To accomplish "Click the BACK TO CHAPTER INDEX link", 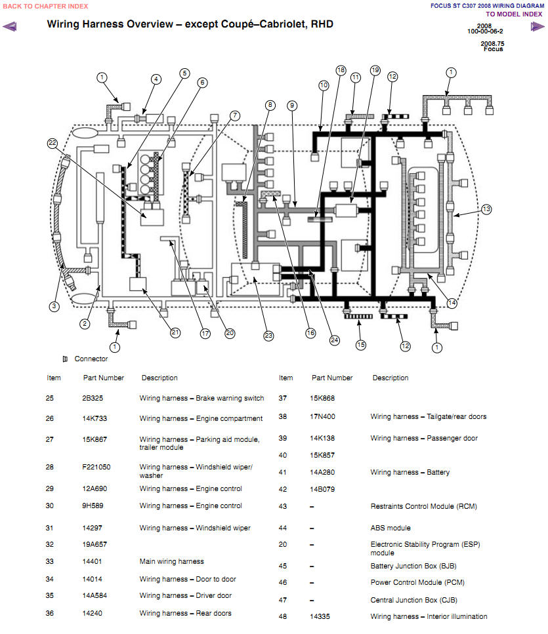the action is [x=45, y=6].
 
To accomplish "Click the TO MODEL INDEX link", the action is [x=514, y=14].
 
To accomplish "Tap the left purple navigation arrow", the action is [x=9, y=27].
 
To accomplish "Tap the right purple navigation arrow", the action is [x=537, y=27].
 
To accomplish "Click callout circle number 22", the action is [x=53, y=143].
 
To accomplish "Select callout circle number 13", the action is [x=486, y=209].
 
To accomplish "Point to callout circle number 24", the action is [x=334, y=340].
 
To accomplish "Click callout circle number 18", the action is [x=341, y=70].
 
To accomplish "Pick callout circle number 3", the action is [x=54, y=306].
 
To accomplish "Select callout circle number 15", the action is [x=360, y=344].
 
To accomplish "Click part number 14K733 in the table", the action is [x=95, y=418].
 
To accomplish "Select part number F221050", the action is [x=96, y=467].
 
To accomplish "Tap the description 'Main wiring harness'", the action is [x=171, y=562].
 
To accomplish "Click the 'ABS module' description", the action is [x=390, y=528].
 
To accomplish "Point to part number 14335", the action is [x=320, y=616].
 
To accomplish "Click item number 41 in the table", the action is [x=282, y=472].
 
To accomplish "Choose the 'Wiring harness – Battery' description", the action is [x=410, y=472].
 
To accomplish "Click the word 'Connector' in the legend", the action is [x=91, y=359].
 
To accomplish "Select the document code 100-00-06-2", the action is [x=485, y=31].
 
